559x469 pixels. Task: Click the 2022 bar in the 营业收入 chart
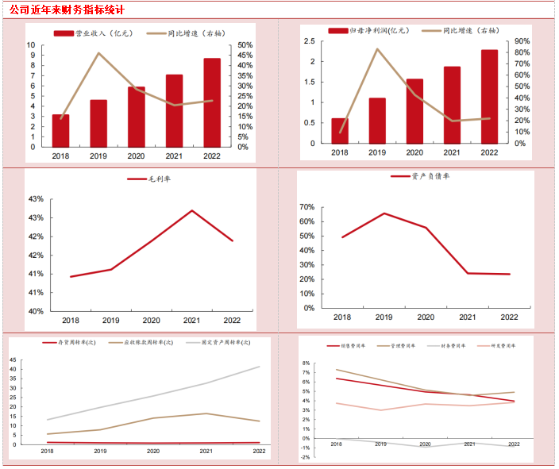click(x=212, y=102)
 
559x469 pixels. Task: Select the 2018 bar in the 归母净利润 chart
click(x=339, y=131)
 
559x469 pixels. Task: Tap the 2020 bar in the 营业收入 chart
click(x=137, y=117)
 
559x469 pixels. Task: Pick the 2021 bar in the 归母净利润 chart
click(x=452, y=105)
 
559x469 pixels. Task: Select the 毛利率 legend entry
click(x=151, y=179)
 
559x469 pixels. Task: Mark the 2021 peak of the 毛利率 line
click(x=192, y=210)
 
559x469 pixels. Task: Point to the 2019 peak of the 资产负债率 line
click(x=384, y=213)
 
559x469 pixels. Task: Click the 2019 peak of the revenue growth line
click(x=98, y=53)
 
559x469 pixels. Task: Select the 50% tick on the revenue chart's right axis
click(x=245, y=45)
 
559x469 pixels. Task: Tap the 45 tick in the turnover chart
click(x=13, y=359)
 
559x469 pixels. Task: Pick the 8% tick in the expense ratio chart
click(x=306, y=363)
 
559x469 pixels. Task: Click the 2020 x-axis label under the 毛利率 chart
click(x=151, y=321)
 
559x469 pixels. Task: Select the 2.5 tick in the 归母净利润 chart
click(x=310, y=41)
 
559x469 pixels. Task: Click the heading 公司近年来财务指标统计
click(x=67, y=10)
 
